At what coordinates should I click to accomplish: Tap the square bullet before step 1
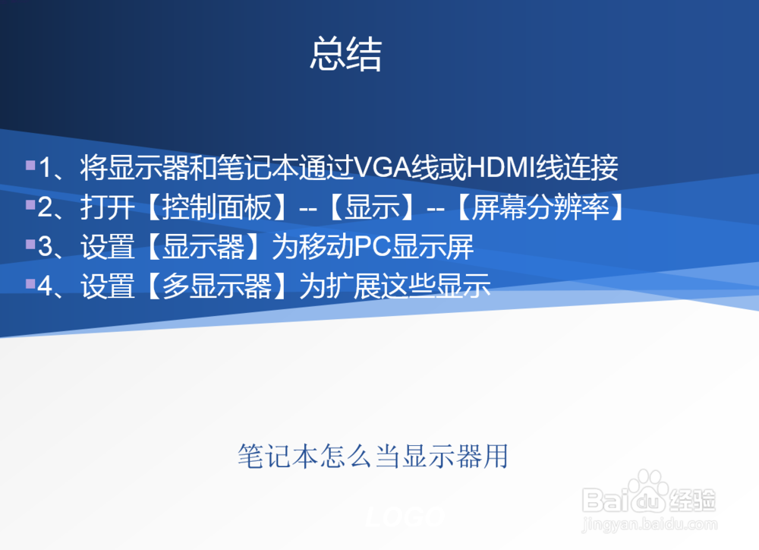point(30,164)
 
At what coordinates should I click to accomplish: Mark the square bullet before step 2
point(30,204)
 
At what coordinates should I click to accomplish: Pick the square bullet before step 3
point(30,244)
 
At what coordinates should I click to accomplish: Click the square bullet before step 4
point(30,283)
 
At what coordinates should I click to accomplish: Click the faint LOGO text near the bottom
point(405,517)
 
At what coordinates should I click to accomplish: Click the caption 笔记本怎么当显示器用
point(372,457)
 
